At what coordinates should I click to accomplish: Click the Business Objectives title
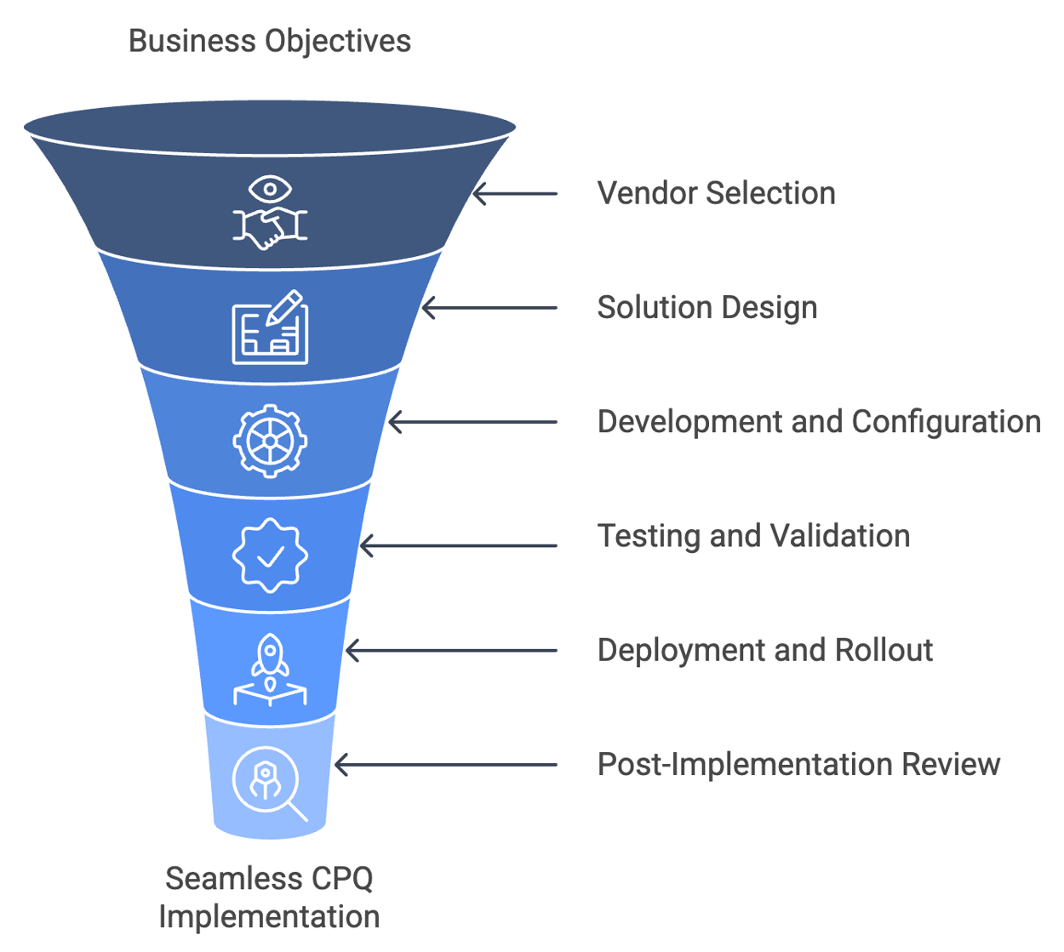pyautogui.click(x=269, y=41)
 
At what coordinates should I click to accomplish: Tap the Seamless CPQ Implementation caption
pyautogui.click(x=269, y=898)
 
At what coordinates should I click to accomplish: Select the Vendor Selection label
pyautogui.click(x=716, y=193)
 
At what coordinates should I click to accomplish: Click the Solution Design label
pyautogui.click(x=706, y=307)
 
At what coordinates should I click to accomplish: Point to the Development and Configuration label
pyautogui.click(x=818, y=422)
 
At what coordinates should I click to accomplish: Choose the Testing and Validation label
pyautogui.click(x=753, y=536)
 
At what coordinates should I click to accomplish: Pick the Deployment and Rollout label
pyautogui.click(x=764, y=650)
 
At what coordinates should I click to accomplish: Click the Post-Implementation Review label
pyautogui.click(x=798, y=764)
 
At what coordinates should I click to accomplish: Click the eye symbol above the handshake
pyautogui.click(x=270, y=188)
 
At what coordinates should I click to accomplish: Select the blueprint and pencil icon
pyautogui.click(x=270, y=328)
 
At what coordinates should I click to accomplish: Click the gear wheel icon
pyautogui.click(x=270, y=441)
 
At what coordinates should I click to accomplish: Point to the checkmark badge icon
pyautogui.click(x=270, y=556)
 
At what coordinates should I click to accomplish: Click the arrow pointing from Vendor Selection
pyautogui.click(x=515, y=194)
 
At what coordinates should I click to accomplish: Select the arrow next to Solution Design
pyautogui.click(x=489, y=308)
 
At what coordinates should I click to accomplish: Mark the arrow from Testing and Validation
pyautogui.click(x=458, y=545)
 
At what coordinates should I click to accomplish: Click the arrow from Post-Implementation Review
pyautogui.click(x=445, y=765)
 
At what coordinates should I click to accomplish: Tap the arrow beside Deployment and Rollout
pyautogui.click(x=451, y=651)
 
